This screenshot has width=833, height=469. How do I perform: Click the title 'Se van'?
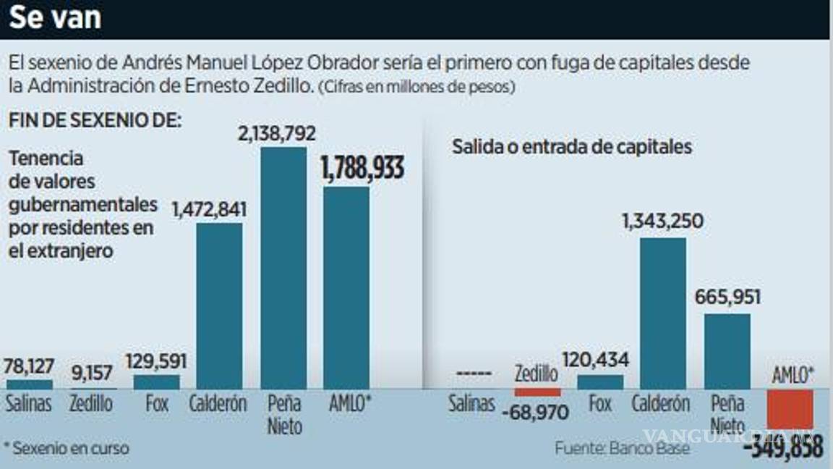click(55, 18)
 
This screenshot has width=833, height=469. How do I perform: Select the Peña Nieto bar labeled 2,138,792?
click(283, 268)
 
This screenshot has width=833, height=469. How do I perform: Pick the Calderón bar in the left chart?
click(219, 305)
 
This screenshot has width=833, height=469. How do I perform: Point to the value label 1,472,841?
click(209, 209)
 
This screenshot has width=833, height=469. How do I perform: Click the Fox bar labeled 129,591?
click(157, 382)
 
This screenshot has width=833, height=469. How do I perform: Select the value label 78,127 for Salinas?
click(30, 367)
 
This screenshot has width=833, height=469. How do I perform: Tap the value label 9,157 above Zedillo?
click(92, 374)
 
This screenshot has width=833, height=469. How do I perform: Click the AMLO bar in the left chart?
click(346, 287)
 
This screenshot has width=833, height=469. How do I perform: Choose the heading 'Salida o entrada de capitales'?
click(572, 146)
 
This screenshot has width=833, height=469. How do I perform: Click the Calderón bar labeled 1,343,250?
click(663, 313)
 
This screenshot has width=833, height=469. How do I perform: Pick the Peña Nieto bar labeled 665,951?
click(727, 351)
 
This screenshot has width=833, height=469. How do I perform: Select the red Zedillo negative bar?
click(537, 392)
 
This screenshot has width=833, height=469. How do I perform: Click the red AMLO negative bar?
click(790, 410)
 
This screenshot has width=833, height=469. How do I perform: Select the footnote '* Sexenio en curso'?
click(67, 448)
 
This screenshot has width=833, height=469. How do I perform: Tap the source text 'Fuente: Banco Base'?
click(622, 448)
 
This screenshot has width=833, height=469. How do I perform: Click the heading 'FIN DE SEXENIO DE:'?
click(94, 121)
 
